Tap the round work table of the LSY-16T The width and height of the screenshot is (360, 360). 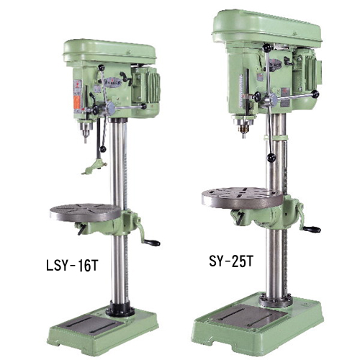[85, 212]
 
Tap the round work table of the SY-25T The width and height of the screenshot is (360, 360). [241, 197]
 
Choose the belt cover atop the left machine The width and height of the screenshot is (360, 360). [110, 50]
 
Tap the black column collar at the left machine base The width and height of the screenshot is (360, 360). [120, 310]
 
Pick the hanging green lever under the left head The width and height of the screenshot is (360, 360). [92, 167]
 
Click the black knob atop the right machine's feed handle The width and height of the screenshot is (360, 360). [266, 48]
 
